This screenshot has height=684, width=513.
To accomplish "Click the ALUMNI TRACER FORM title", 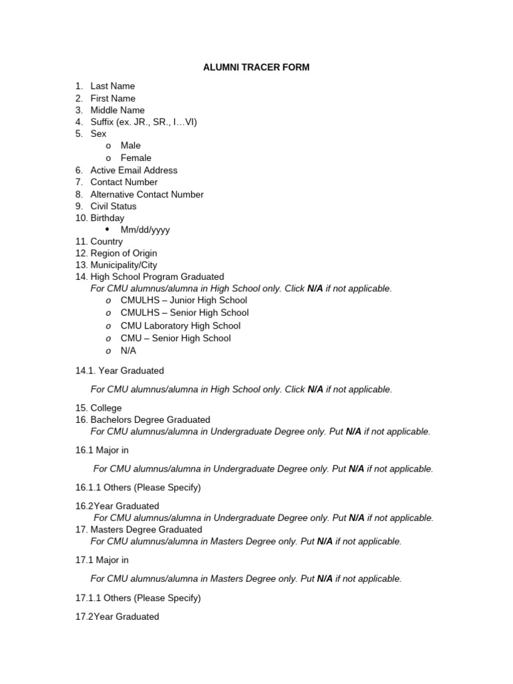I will click(x=256, y=67).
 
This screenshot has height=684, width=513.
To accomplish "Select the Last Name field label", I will click(x=112, y=86).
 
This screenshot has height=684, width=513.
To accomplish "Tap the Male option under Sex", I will click(x=130, y=146).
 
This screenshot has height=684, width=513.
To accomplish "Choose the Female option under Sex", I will click(x=136, y=158).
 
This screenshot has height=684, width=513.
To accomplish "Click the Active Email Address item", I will click(x=134, y=170).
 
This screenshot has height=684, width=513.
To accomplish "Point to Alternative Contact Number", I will click(x=147, y=194).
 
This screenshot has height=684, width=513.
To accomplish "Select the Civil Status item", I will click(x=113, y=206).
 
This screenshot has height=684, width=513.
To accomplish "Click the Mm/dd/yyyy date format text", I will click(x=145, y=230).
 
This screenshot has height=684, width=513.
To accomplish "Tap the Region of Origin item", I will click(x=124, y=254).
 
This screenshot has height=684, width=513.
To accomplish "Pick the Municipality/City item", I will click(x=124, y=265).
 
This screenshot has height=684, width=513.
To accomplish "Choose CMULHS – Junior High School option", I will click(x=184, y=301).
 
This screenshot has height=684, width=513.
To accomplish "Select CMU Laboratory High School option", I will click(x=180, y=326).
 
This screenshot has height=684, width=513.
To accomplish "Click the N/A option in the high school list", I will click(x=128, y=351).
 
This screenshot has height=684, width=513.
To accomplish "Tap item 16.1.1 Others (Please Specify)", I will click(x=138, y=488).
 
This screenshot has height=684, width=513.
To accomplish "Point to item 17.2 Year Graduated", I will click(x=118, y=617).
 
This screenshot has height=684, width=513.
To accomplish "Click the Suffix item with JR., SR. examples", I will click(x=144, y=122).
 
